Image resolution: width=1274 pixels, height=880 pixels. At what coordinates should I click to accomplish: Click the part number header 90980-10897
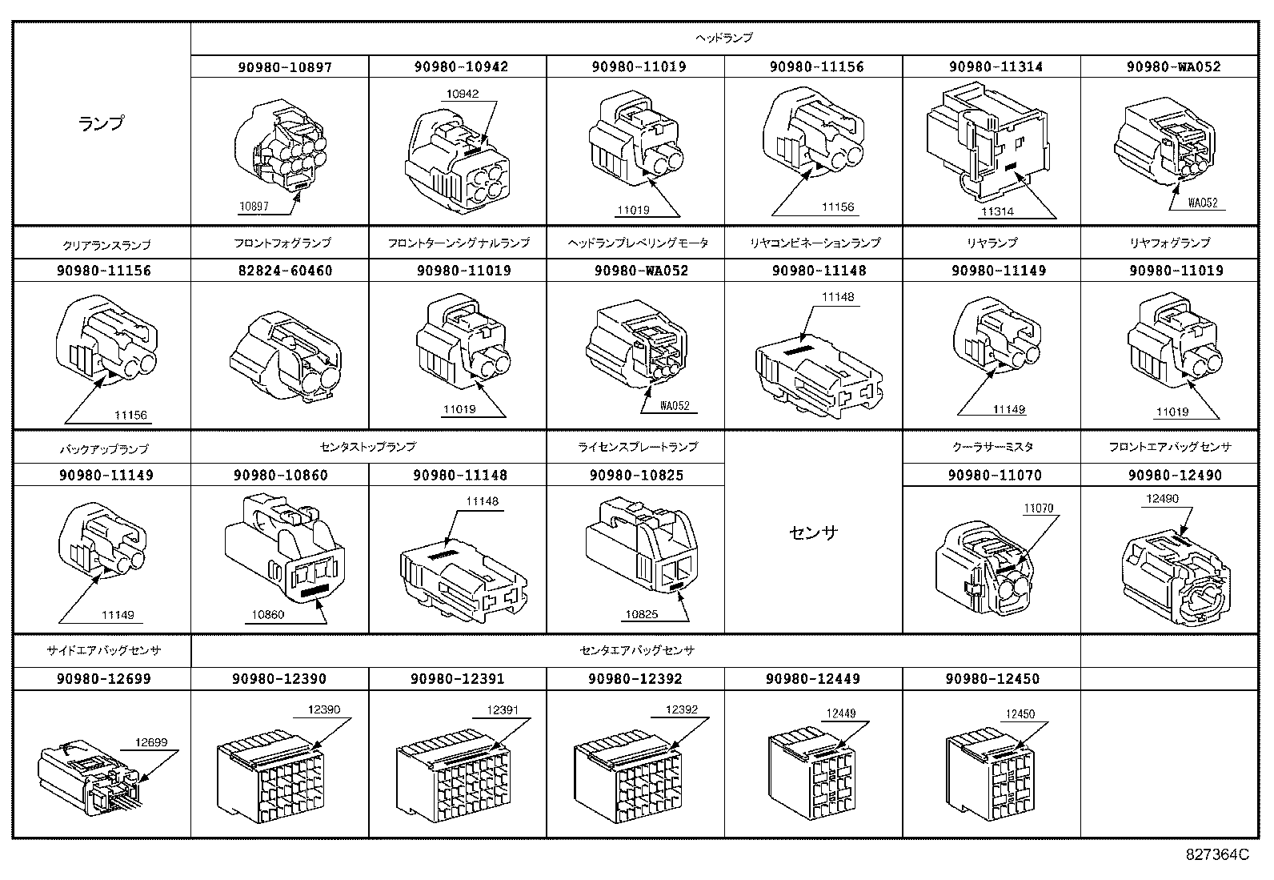click(x=284, y=67)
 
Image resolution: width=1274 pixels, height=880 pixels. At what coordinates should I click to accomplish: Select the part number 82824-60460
click(x=285, y=271)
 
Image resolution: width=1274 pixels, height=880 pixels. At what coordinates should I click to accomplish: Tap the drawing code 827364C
click(x=1217, y=854)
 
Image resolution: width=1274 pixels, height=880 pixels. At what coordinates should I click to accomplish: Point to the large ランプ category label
click(x=102, y=123)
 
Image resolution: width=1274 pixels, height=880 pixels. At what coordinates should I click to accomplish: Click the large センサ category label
click(x=813, y=532)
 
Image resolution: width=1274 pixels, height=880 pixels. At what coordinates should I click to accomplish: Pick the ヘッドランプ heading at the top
click(x=724, y=38)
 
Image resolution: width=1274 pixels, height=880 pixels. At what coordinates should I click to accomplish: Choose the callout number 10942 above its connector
click(x=462, y=94)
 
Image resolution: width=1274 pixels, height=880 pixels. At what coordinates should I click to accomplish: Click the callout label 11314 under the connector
click(x=997, y=211)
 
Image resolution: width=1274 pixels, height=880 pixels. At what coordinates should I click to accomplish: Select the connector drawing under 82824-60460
click(x=286, y=356)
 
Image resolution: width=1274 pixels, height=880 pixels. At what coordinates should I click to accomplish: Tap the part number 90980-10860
click(x=280, y=476)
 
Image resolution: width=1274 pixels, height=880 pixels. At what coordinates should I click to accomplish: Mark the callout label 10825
click(x=641, y=614)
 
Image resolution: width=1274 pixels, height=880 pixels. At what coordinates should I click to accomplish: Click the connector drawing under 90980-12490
click(x=1176, y=577)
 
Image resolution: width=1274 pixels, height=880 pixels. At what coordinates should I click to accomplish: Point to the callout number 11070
click(x=1038, y=508)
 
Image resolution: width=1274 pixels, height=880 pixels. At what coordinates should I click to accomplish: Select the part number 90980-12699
click(x=103, y=679)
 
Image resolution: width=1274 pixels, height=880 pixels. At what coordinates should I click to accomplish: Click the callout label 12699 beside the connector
click(x=150, y=742)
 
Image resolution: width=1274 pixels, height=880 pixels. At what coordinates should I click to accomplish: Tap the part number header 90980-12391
click(x=457, y=679)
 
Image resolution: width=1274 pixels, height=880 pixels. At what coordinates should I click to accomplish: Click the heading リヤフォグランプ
click(x=1169, y=243)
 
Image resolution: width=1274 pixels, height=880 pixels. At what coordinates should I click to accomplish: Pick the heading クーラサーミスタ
click(x=992, y=448)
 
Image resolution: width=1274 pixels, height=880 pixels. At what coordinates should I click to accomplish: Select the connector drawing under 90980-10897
click(x=280, y=146)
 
